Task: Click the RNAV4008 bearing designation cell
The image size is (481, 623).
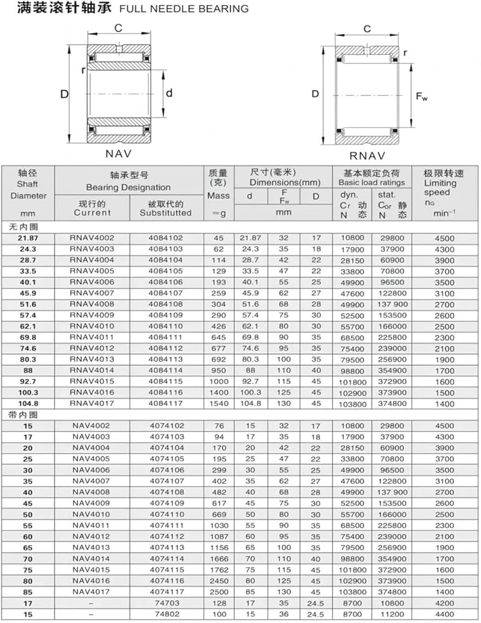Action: [92, 304]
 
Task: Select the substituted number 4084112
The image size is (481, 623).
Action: [166, 348]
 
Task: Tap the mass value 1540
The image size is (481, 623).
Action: [219, 404]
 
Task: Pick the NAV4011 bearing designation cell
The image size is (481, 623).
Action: [92, 525]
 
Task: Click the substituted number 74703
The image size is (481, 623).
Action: [167, 602]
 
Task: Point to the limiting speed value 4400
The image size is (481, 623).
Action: [444, 614]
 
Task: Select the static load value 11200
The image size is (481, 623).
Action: [392, 614]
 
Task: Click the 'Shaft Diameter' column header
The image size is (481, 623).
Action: [28, 190]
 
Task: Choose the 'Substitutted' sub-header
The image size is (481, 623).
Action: [165, 212]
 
